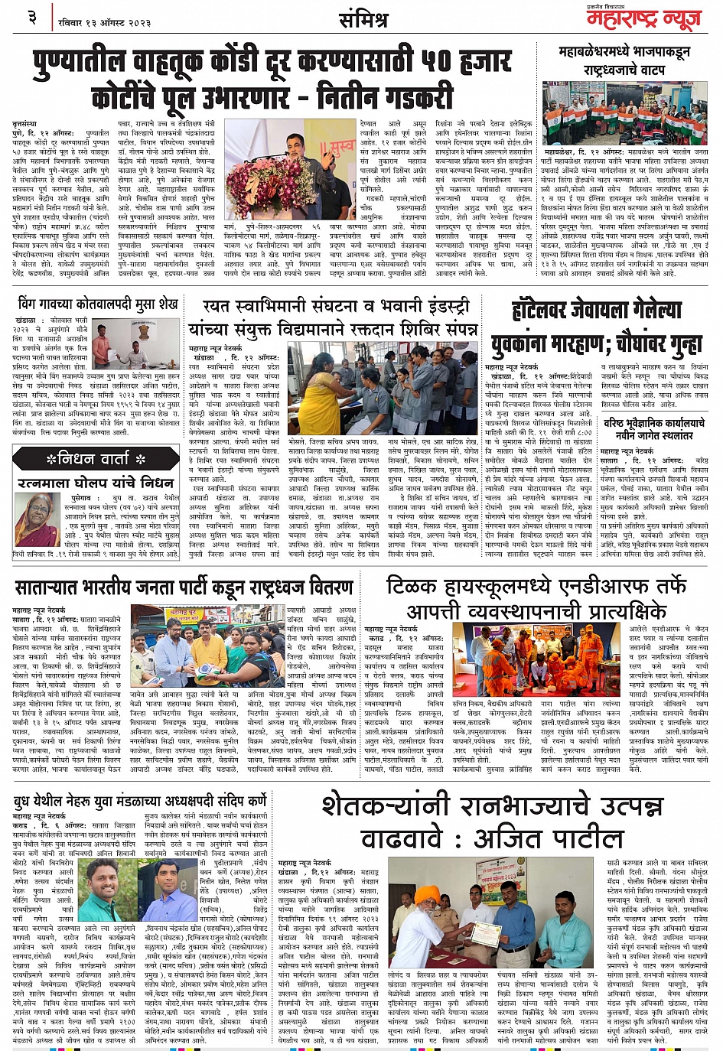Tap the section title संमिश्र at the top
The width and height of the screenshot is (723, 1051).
(363, 20)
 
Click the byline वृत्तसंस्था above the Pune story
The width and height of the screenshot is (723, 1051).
(28, 123)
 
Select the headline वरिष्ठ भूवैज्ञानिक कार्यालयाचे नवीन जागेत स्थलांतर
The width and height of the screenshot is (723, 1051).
(654, 429)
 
